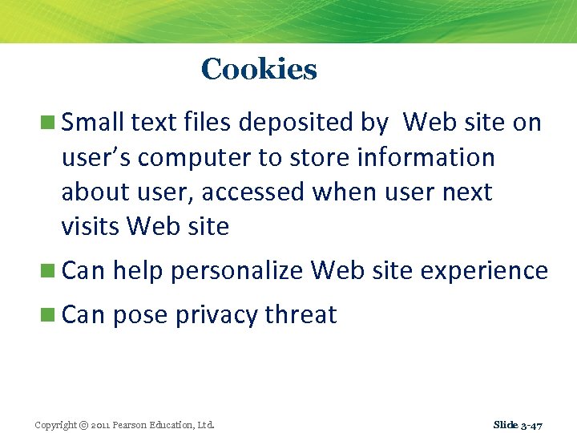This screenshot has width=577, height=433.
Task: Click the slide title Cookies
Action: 259,69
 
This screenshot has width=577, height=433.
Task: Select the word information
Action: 426,158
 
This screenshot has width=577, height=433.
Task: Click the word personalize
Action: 238,271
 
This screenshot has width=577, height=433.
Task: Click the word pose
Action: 140,315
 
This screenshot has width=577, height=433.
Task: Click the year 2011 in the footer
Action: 103,424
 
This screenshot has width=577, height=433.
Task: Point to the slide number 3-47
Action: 531,424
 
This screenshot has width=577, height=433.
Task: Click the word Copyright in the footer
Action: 55,424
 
